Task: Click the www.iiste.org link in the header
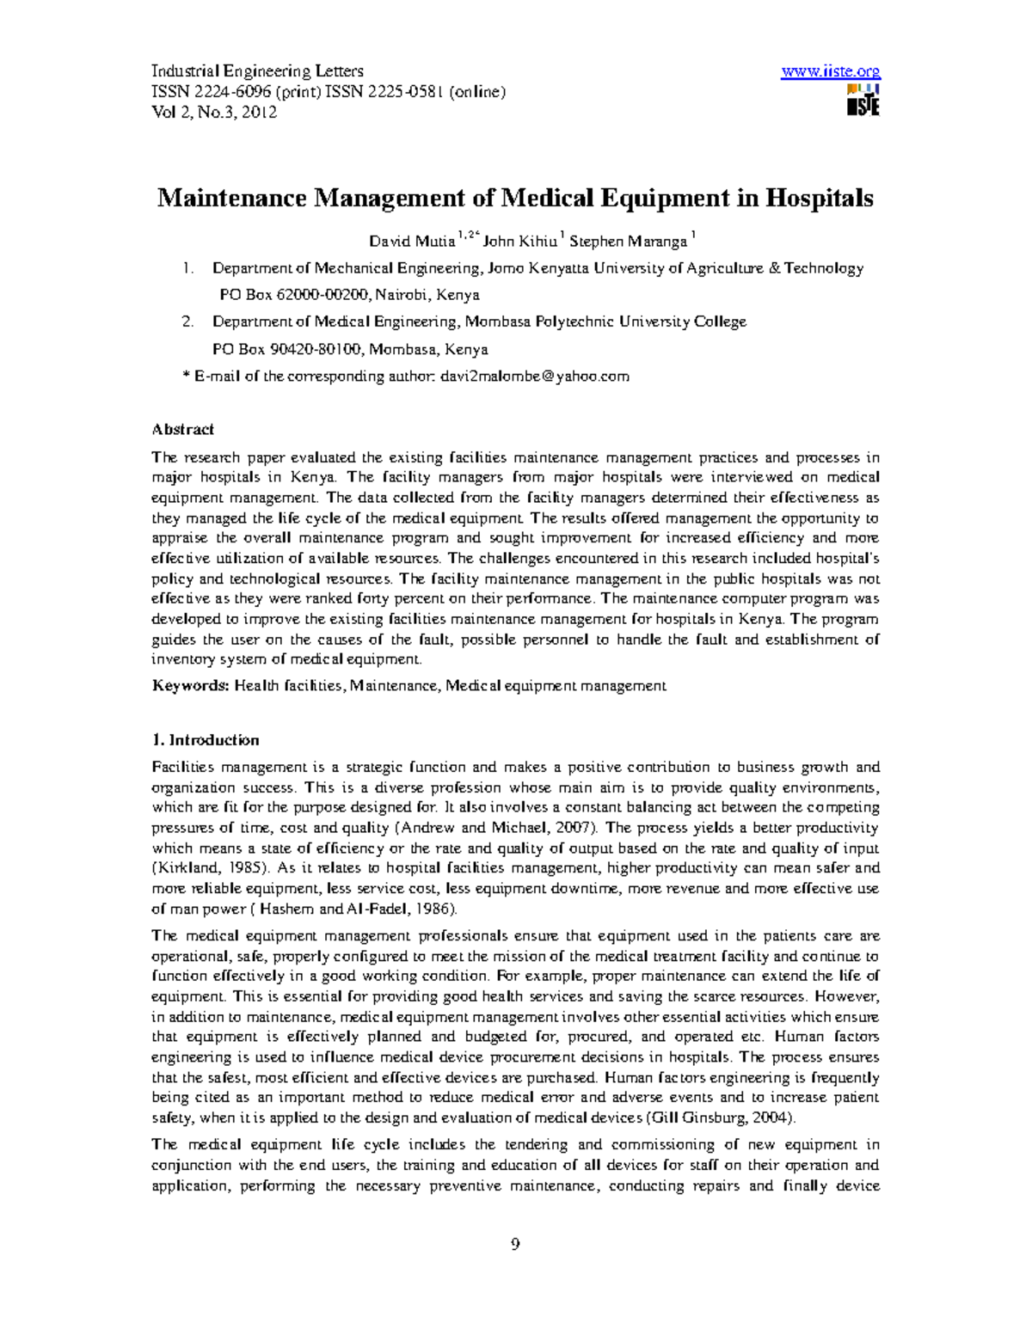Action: click(830, 72)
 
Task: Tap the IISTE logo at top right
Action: click(863, 101)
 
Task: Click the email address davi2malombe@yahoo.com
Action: click(535, 376)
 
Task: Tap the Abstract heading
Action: click(182, 429)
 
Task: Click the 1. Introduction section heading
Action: click(206, 740)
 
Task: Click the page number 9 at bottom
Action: click(515, 1244)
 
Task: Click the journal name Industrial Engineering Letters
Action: click(257, 71)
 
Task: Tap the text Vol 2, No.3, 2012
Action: click(214, 112)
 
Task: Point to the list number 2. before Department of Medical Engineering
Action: click(188, 322)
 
